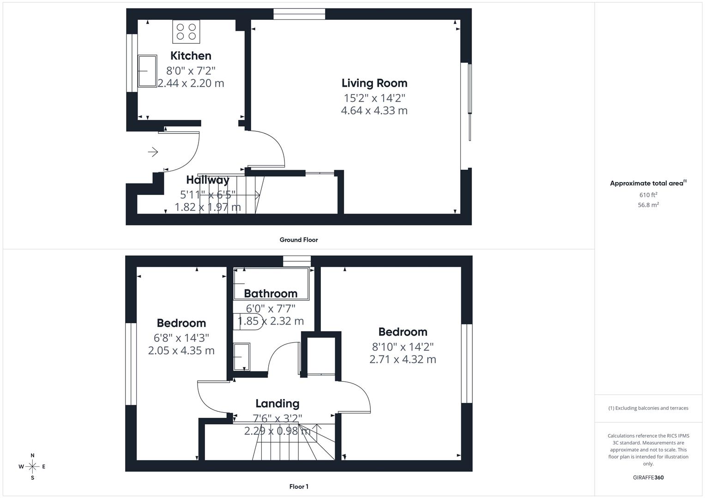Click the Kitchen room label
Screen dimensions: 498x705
[x=191, y=56]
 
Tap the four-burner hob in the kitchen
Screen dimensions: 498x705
[x=186, y=31]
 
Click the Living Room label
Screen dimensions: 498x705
[x=374, y=83]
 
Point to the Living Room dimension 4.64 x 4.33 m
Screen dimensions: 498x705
[x=374, y=111]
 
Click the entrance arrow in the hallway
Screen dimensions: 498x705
[x=153, y=152]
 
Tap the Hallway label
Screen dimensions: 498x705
[x=208, y=180]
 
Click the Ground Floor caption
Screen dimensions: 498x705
[x=299, y=240]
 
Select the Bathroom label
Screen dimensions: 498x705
[x=271, y=293]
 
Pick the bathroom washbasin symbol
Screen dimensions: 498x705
[x=241, y=356]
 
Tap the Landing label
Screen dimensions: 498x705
[x=277, y=403]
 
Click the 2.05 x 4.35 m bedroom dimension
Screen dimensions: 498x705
[x=181, y=350]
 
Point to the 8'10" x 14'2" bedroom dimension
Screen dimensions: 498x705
[x=403, y=346]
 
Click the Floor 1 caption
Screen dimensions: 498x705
[x=299, y=486]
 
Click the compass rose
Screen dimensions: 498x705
[x=32, y=467]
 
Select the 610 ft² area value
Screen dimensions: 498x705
[x=648, y=195]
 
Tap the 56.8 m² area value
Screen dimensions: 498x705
[x=648, y=205]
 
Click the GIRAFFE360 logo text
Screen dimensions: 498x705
[x=648, y=478]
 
